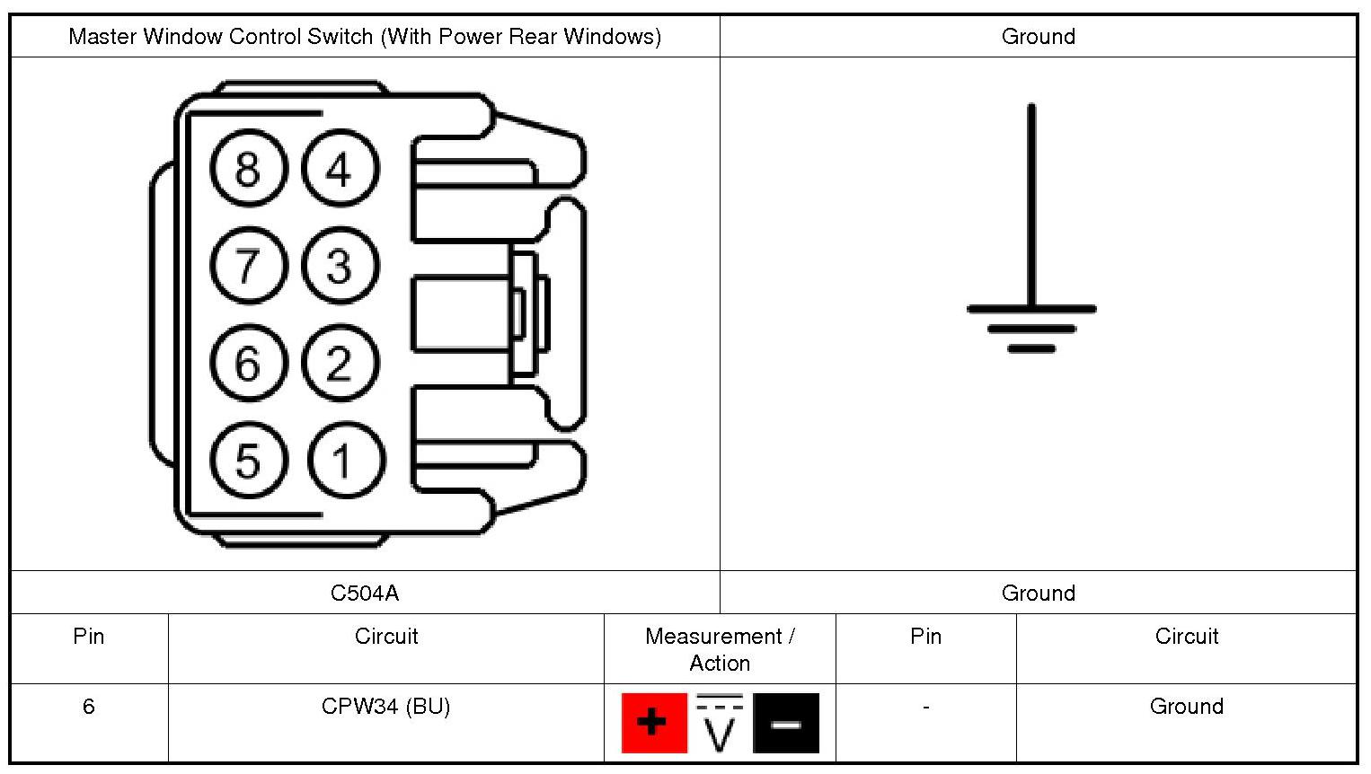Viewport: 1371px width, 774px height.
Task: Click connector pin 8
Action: click(249, 168)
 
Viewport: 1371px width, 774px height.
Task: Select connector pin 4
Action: click(341, 168)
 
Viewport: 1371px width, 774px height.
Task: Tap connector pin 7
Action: click(249, 266)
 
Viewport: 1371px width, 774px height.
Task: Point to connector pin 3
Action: click(341, 266)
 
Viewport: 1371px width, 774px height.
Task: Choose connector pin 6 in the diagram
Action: click(249, 363)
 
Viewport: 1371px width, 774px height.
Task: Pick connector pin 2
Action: click(341, 363)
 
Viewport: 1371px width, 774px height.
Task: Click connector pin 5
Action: click(249, 460)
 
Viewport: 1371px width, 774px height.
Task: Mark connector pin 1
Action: click(347, 460)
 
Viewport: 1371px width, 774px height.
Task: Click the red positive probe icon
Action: click(654, 723)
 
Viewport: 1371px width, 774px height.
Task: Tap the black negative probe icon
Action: click(786, 723)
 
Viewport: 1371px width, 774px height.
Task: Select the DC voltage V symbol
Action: click(720, 723)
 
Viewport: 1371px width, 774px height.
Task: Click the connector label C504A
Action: click(365, 593)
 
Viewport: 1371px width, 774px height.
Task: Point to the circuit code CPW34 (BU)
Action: click(385, 707)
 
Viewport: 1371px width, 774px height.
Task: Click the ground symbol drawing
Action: click(1032, 227)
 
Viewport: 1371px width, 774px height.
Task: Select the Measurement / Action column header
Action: click(720, 649)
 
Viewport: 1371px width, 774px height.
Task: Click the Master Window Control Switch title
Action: click(365, 37)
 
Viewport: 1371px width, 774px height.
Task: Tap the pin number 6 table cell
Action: click(89, 707)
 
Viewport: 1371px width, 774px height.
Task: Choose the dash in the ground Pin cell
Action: click(926, 708)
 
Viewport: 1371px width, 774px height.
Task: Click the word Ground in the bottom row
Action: click(1187, 707)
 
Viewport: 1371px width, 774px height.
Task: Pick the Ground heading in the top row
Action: click(1039, 37)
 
